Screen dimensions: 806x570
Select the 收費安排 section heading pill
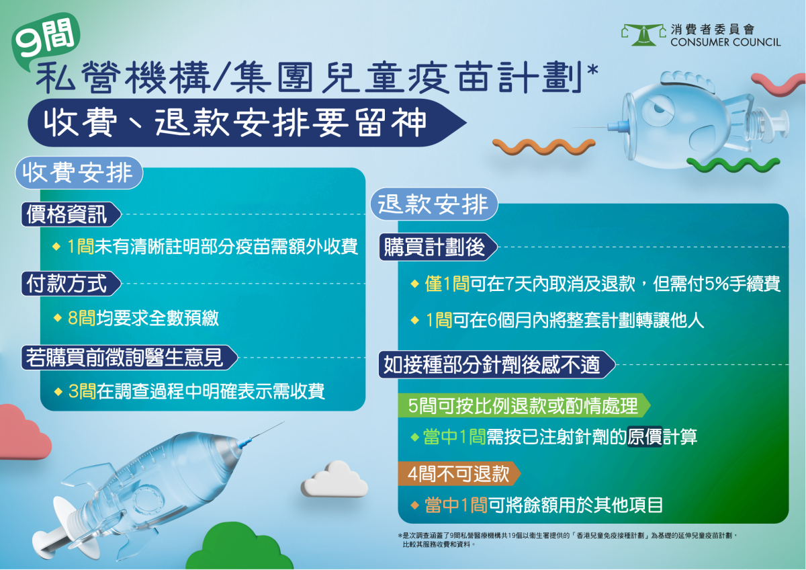click(x=79, y=173)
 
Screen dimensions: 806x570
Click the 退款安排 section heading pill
click(x=434, y=204)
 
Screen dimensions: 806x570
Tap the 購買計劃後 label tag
click(x=438, y=247)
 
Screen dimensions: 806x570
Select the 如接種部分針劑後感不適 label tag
click(x=496, y=365)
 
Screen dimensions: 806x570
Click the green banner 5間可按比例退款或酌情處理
click(x=524, y=405)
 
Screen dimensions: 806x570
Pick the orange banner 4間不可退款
click(x=459, y=473)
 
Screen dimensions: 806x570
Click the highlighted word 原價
click(x=645, y=437)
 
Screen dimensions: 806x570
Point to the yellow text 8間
click(x=82, y=319)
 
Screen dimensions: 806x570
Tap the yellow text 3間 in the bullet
click(x=82, y=391)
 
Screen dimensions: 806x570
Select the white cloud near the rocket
click(x=334, y=479)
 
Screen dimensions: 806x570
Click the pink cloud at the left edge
click(x=24, y=432)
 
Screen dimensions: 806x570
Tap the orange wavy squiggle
click(x=543, y=146)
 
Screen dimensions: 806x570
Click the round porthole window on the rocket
click(x=148, y=499)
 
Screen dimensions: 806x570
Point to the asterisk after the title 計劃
click(x=592, y=69)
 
